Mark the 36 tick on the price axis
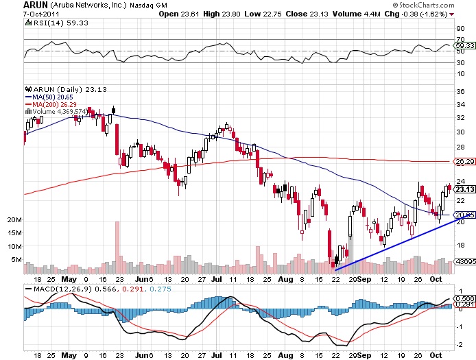pos(461,91)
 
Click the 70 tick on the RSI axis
pos(460,39)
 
